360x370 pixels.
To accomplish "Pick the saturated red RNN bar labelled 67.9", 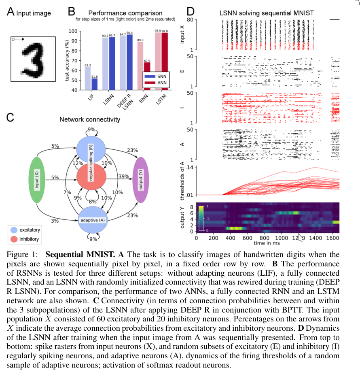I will click(148, 76).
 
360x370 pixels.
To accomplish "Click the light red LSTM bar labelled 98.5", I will click(158, 61).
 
